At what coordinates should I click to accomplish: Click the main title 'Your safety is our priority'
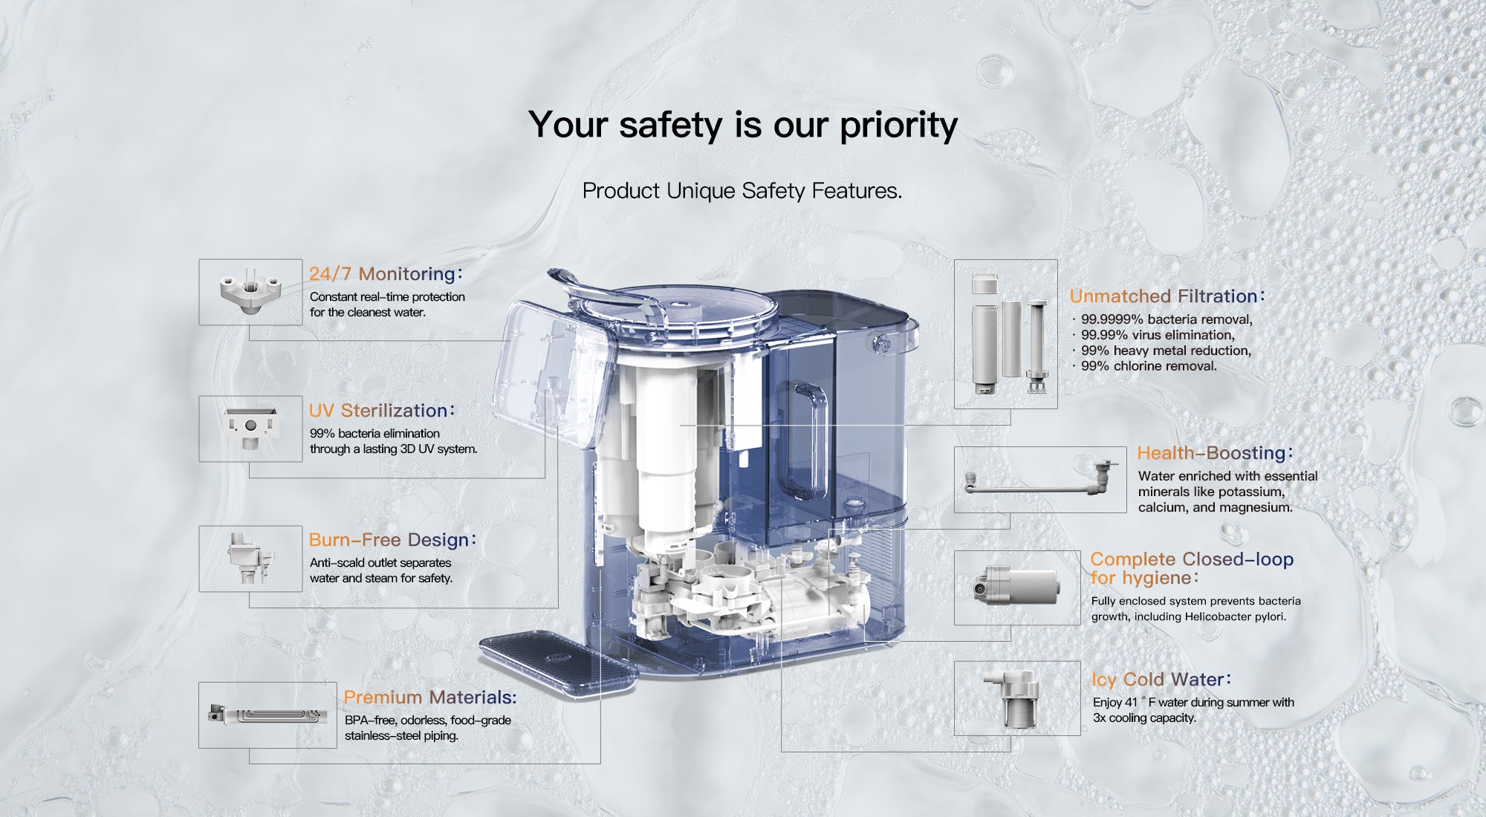(743, 125)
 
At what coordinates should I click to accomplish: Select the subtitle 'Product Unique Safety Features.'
(742, 191)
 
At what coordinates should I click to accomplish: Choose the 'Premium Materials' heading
(430, 697)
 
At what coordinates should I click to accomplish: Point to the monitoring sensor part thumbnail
(250, 292)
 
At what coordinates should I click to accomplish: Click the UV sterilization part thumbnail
(250, 429)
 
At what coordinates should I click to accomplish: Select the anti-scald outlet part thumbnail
(250, 559)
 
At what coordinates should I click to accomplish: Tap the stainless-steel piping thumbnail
(267, 715)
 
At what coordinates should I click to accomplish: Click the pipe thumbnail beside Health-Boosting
(1040, 480)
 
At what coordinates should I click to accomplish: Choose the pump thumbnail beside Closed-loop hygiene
(1017, 587)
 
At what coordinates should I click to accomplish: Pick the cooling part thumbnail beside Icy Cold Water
(1017, 698)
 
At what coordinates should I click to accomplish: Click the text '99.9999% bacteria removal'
(1166, 319)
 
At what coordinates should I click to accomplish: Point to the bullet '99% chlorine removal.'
(1149, 366)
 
